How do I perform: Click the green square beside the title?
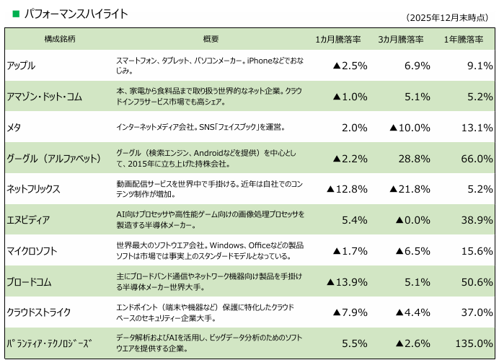[x=16, y=13]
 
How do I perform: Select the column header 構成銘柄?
[x=60, y=39]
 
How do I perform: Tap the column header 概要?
[x=211, y=39]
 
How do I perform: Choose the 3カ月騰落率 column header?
[x=401, y=39]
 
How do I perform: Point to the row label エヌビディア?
[x=29, y=220]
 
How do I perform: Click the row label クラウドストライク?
[x=39, y=312]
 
